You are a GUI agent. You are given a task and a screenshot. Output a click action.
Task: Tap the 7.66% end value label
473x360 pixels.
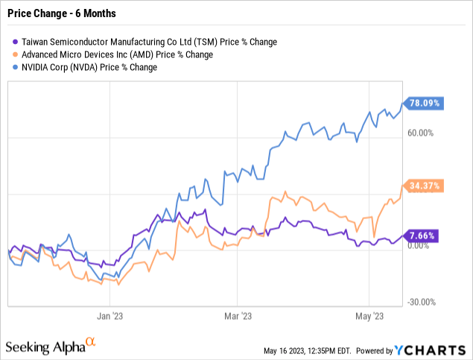tap(421, 236)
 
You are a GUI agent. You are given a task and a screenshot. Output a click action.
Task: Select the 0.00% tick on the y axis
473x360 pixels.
tap(422, 250)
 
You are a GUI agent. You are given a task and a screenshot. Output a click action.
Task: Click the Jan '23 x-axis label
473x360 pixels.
tap(109, 316)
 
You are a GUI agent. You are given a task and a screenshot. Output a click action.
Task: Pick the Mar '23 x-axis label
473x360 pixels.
tap(236, 316)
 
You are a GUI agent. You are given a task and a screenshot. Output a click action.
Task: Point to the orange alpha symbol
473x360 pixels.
tap(91, 342)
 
